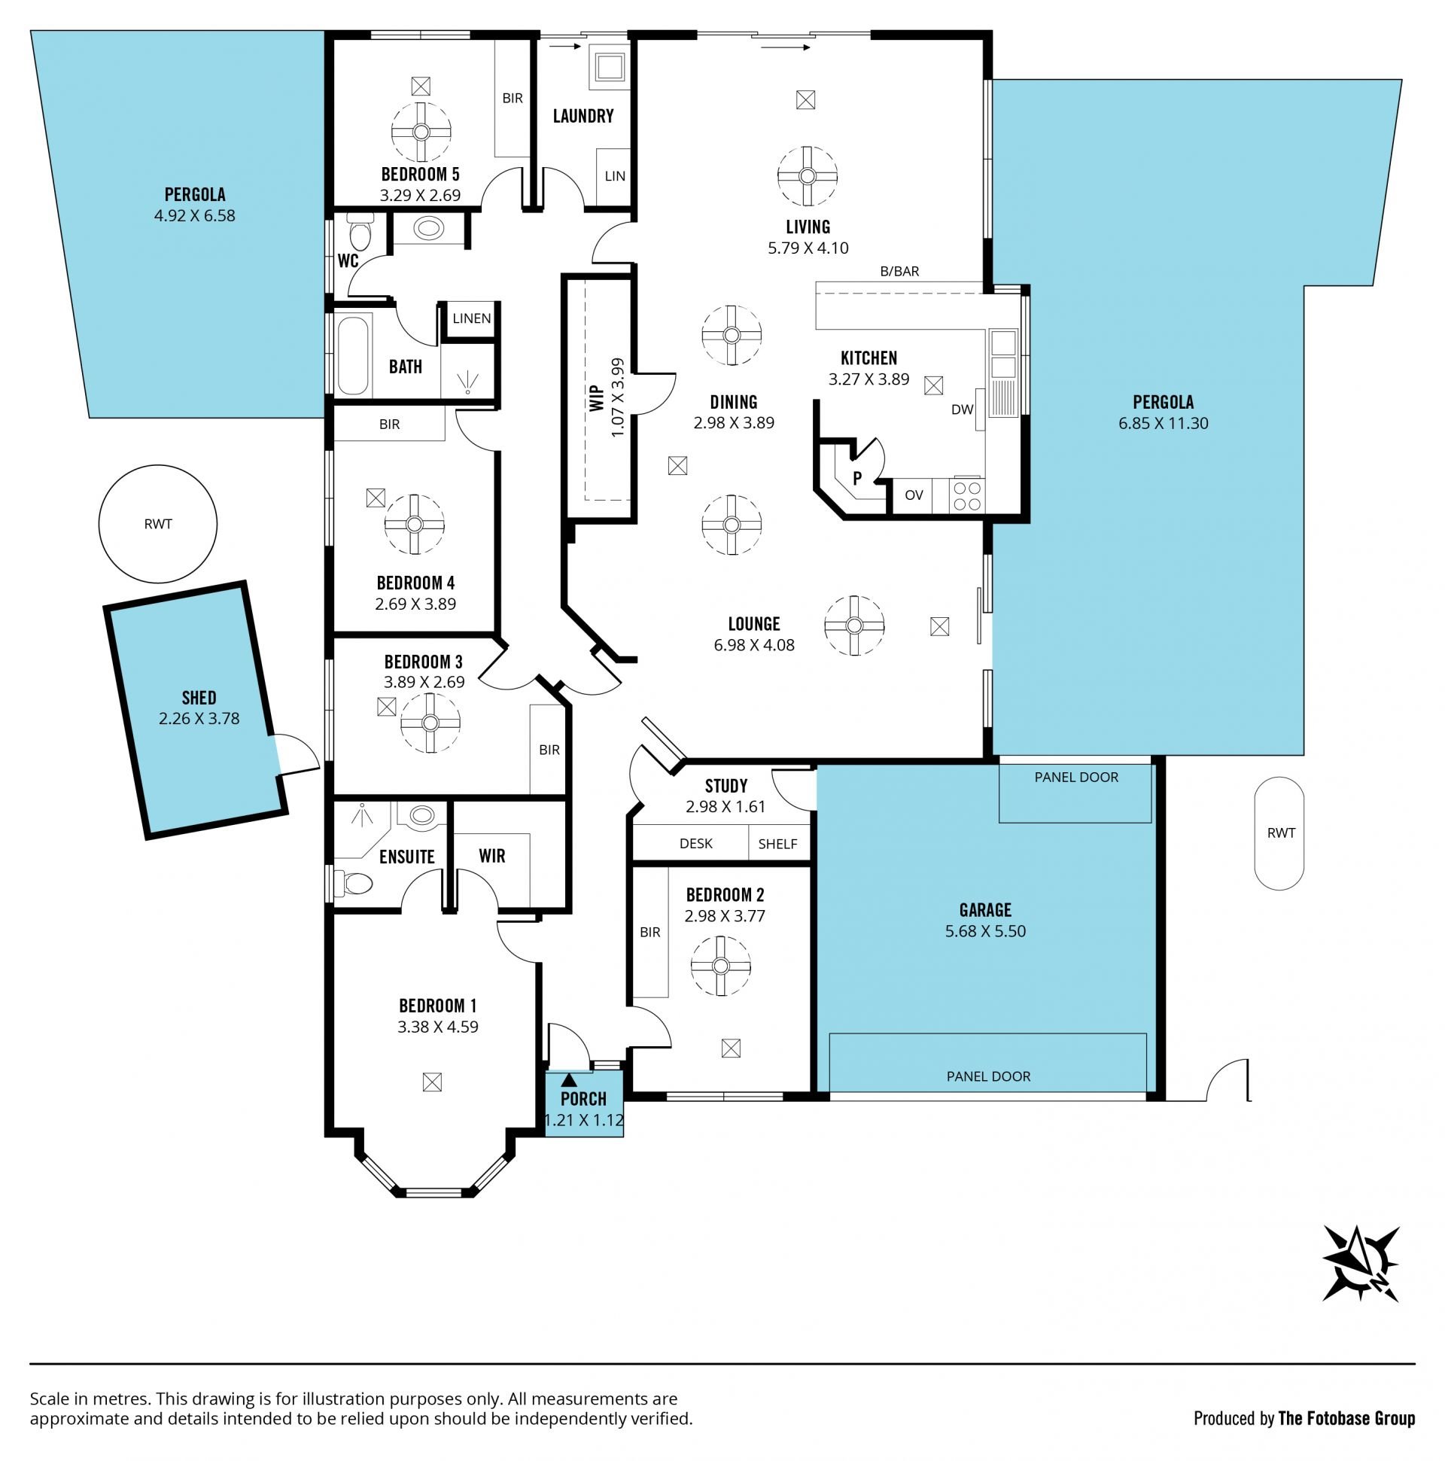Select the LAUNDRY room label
(583, 116)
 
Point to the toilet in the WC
(360, 232)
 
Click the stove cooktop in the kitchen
(967, 496)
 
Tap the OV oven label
(914, 495)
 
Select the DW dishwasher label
(962, 410)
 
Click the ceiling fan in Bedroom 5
(421, 132)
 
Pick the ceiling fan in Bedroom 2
(720, 966)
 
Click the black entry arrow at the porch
(570, 1079)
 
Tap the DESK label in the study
(695, 843)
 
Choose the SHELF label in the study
(777, 844)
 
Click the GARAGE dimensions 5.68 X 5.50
(985, 932)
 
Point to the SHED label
(199, 698)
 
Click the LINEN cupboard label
(472, 318)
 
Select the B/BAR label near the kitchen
(900, 272)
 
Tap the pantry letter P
(857, 479)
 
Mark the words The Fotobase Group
(1346, 1419)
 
